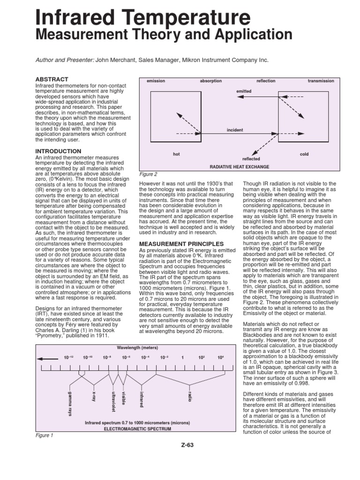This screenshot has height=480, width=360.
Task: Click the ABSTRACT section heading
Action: point(52,79)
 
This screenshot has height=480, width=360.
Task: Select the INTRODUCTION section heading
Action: point(59,151)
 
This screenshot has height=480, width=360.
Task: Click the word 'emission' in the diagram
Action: point(156,81)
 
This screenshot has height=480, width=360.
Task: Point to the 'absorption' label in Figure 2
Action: point(211,81)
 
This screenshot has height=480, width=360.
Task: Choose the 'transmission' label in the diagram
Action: point(321,81)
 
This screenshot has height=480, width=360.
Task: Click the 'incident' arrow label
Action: point(234,129)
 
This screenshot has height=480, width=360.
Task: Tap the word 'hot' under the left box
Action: point(176,154)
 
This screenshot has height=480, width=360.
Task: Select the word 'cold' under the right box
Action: point(304,154)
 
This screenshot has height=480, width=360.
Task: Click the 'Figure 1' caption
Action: point(45,435)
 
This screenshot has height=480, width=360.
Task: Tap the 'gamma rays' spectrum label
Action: point(70,403)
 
